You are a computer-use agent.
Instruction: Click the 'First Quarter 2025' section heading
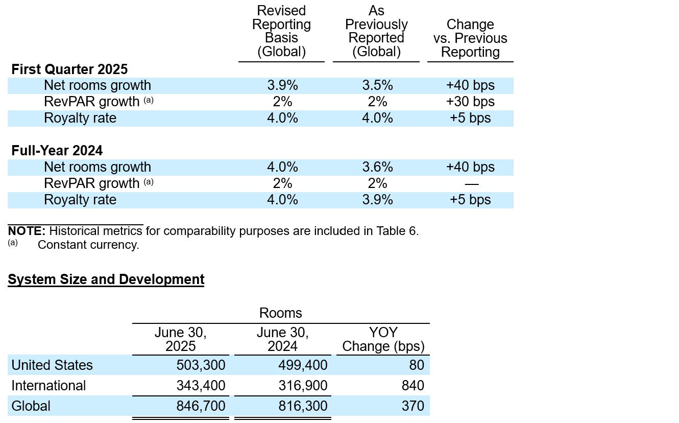coord(69,69)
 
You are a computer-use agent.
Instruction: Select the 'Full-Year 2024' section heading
coord(57,151)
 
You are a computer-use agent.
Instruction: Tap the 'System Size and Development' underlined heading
coord(106,279)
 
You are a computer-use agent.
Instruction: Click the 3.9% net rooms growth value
coord(282,85)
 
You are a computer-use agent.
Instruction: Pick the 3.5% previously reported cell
coord(377,85)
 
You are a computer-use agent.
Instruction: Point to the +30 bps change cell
coord(471,102)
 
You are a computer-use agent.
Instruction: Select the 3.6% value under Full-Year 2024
coord(377,167)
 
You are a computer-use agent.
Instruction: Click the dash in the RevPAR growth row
coord(472,184)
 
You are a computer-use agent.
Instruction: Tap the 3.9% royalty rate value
coord(377,200)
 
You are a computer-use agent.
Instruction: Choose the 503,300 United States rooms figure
coord(201,365)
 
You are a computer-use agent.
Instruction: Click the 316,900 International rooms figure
coord(303,386)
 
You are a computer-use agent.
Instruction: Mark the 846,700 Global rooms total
coord(201,406)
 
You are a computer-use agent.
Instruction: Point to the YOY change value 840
coord(413,386)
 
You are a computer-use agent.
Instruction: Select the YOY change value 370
coord(413,406)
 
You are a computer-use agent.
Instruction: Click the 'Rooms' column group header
coord(281,313)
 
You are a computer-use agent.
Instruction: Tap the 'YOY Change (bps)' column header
coord(383,340)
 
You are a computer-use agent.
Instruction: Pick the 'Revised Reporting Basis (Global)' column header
coord(282,31)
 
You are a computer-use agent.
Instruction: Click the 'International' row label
coord(48,386)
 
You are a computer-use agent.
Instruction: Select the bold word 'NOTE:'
coord(27,231)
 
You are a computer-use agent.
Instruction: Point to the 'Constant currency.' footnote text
coord(88,245)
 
